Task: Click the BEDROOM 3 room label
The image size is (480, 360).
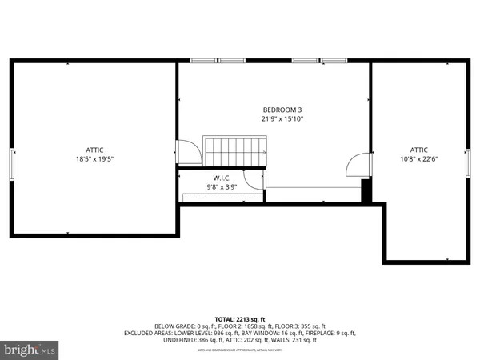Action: tap(282, 110)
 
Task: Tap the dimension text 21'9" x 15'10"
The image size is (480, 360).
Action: tap(282, 118)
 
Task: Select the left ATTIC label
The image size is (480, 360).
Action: tap(95, 150)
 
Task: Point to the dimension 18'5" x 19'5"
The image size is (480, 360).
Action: tap(95, 158)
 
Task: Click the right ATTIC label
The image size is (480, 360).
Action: tap(419, 150)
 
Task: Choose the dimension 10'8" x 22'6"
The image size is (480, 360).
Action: tap(419, 158)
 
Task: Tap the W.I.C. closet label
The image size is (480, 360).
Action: tap(222, 178)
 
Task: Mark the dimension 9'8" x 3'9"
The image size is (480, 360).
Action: tap(222, 186)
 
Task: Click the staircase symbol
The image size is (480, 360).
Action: tap(236, 150)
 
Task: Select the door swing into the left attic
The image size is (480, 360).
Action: tap(186, 153)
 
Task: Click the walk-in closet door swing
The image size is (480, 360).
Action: tap(253, 180)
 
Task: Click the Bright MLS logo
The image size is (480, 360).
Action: tap(30, 350)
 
